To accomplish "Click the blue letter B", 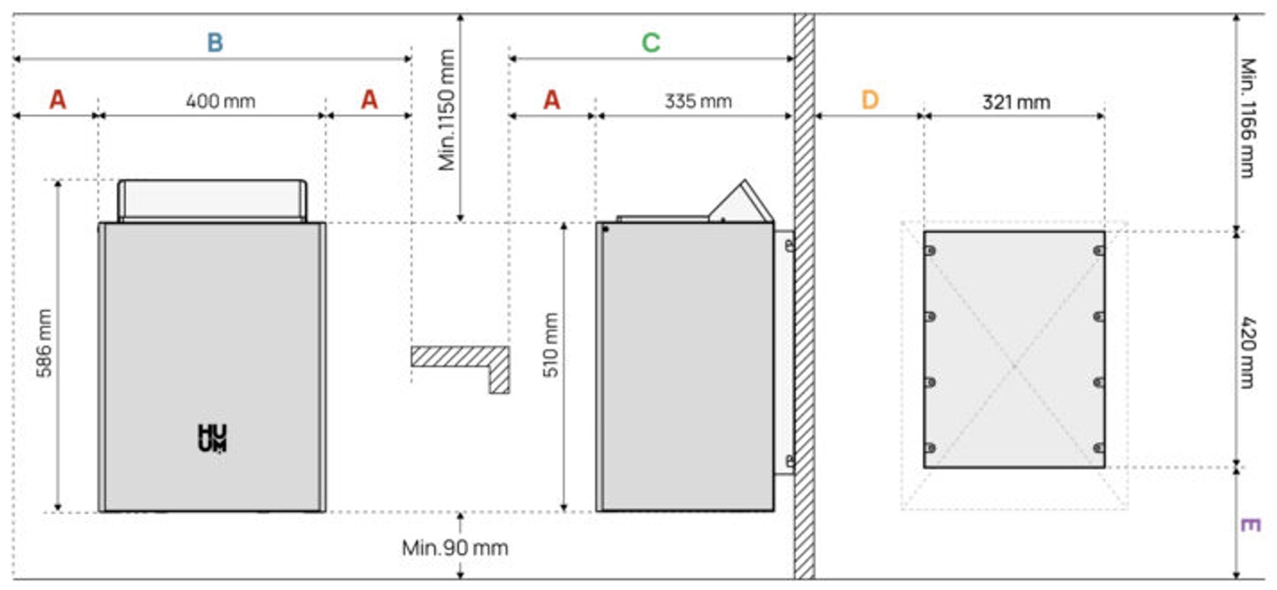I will (x=215, y=43).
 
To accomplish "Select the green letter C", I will (x=650, y=43).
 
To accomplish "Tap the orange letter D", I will (x=869, y=100).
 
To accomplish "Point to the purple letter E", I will (x=1249, y=525).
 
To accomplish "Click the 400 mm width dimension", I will (x=220, y=101).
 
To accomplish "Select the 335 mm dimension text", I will (x=697, y=101).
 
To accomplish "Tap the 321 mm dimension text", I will (x=1016, y=102).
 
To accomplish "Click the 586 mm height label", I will (x=44, y=343).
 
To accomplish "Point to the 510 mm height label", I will (x=550, y=345).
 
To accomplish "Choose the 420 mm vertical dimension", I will (x=1247, y=352).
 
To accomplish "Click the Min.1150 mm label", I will (x=447, y=110).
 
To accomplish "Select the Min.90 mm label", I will (x=454, y=547).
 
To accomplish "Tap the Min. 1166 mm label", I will (x=1247, y=118).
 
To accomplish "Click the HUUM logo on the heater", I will (x=212, y=438).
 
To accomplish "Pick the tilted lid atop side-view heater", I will (x=741, y=202).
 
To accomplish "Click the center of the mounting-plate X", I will (x=1014, y=366).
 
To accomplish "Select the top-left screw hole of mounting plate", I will (x=930, y=251).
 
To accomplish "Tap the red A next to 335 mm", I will (x=552, y=99).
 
